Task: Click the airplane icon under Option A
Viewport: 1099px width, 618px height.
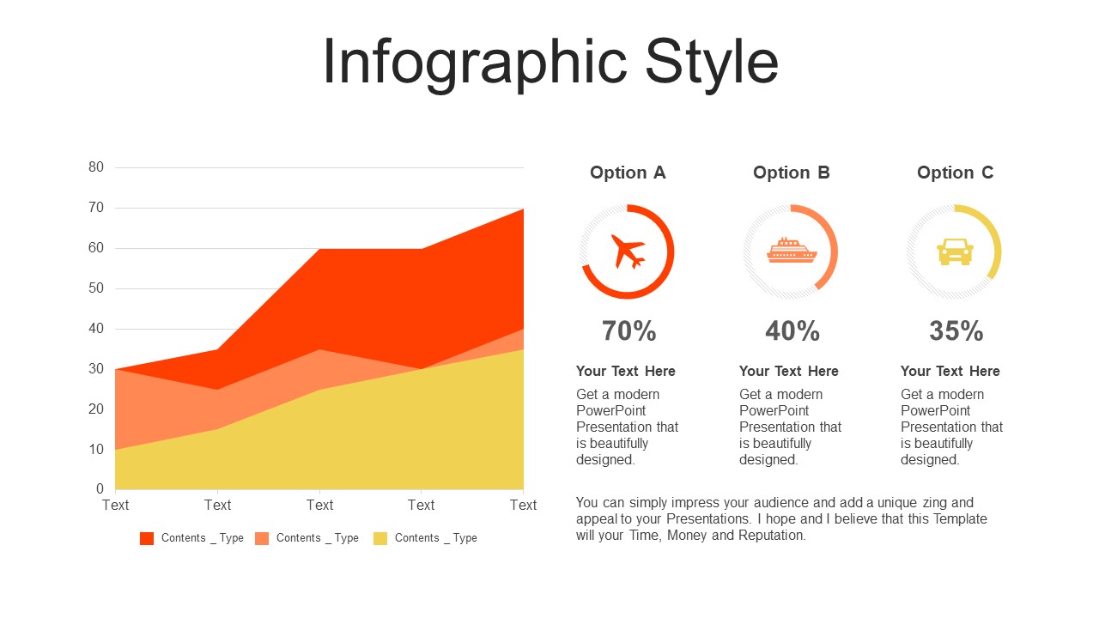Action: point(628,252)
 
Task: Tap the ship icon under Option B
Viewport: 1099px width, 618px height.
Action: point(792,250)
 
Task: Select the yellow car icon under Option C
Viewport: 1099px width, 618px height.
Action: point(955,252)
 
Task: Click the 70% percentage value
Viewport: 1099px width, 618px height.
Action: point(629,330)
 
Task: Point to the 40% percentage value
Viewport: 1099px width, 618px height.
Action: point(792,330)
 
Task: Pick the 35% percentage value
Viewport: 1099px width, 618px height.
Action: point(956,330)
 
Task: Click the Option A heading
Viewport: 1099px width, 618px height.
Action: point(628,173)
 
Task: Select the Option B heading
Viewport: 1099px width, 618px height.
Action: point(792,173)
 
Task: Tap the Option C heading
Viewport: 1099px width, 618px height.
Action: point(956,173)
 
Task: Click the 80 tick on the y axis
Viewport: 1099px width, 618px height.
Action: point(96,167)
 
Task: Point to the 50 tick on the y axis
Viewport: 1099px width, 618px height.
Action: point(96,288)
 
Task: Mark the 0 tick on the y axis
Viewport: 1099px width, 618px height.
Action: point(100,488)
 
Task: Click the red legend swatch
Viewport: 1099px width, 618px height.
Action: point(147,538)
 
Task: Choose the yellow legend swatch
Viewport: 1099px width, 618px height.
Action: point(380,538)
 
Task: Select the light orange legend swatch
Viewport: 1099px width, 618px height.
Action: point(262,538)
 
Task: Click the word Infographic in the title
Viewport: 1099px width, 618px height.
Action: point(475,64)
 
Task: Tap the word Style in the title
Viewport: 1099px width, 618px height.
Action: point(712,64)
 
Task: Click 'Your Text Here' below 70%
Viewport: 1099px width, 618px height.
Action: point(626,372)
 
